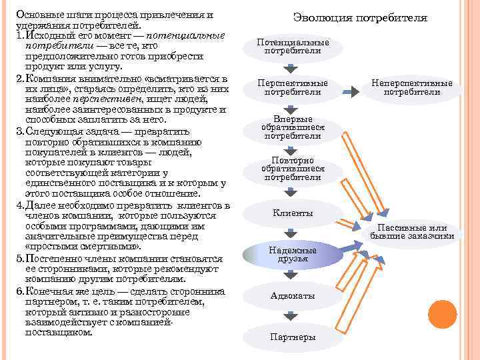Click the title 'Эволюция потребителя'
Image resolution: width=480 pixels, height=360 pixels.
tap(360, 18)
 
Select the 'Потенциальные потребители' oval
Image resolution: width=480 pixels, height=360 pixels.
tap(293, 47)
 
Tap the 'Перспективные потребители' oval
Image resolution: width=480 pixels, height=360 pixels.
tap(293, 87)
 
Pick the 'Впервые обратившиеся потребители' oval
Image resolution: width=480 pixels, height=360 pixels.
tap(293, 127)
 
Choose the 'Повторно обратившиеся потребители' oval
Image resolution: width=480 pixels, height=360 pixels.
tap(293, 169)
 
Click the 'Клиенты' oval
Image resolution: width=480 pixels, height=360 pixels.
tap(293, 213)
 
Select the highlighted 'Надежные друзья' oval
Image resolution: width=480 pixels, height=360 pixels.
tap(289, 253)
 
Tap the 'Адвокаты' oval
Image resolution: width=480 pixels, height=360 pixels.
tap(293, 295)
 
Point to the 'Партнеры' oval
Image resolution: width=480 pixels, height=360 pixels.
tap(293, 337)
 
